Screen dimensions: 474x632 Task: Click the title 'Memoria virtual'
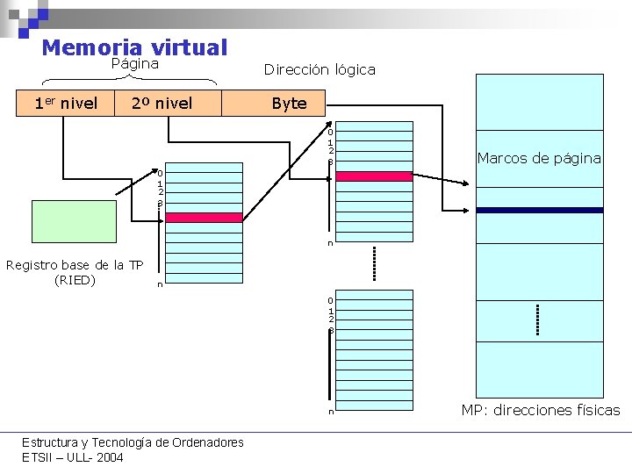pyautogui.click(x=134, y=47)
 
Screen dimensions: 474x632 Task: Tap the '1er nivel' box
pyautogui.click(x=65, y=104)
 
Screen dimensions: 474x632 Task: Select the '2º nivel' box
pyautogui.click(x=162, y=104)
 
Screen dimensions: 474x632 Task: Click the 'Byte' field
pyautogui.click(x=289, y=104)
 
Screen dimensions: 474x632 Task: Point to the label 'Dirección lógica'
pyautogui.click(x=320, y=69)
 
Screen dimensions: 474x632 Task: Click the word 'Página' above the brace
pyautogui.click(x=134, y=64)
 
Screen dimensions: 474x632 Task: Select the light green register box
pyautogui.click(x=74, y=221)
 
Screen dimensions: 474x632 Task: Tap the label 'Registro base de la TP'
pyautogui.click(x=75, y=265)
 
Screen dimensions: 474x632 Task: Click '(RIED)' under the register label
pyautogui.click(x=75, y=281)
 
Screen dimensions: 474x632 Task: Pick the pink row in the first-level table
pyautogui.click(x=204, y=218)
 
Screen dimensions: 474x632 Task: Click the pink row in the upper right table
pyautogui.click(x=374, y=176)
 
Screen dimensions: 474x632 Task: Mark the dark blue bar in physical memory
pyautogui.click(x=539, y=211)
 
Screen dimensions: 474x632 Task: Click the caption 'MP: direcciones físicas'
pyautogui.click(x=541, y=410)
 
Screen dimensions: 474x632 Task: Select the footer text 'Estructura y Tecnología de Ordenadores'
pyautogui.click(x=133, y=442)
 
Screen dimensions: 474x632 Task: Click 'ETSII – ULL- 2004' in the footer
pyautogui.click(x=73, y=457)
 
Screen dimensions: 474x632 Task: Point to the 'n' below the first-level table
pyautogui.click(x=159, y=284)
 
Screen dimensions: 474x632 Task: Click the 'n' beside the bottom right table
pyautogui.click(x=331, y=411)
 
